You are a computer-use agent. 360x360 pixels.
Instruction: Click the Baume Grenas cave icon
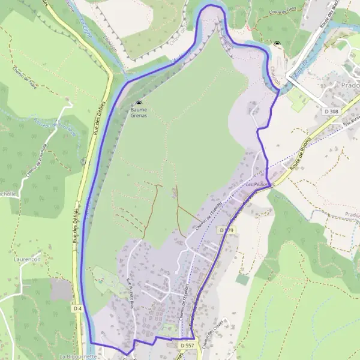139,103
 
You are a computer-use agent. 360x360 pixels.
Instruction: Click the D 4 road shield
77,308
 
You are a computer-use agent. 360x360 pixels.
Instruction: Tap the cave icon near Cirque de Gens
277,43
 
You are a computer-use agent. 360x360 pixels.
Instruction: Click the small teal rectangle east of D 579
242,279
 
